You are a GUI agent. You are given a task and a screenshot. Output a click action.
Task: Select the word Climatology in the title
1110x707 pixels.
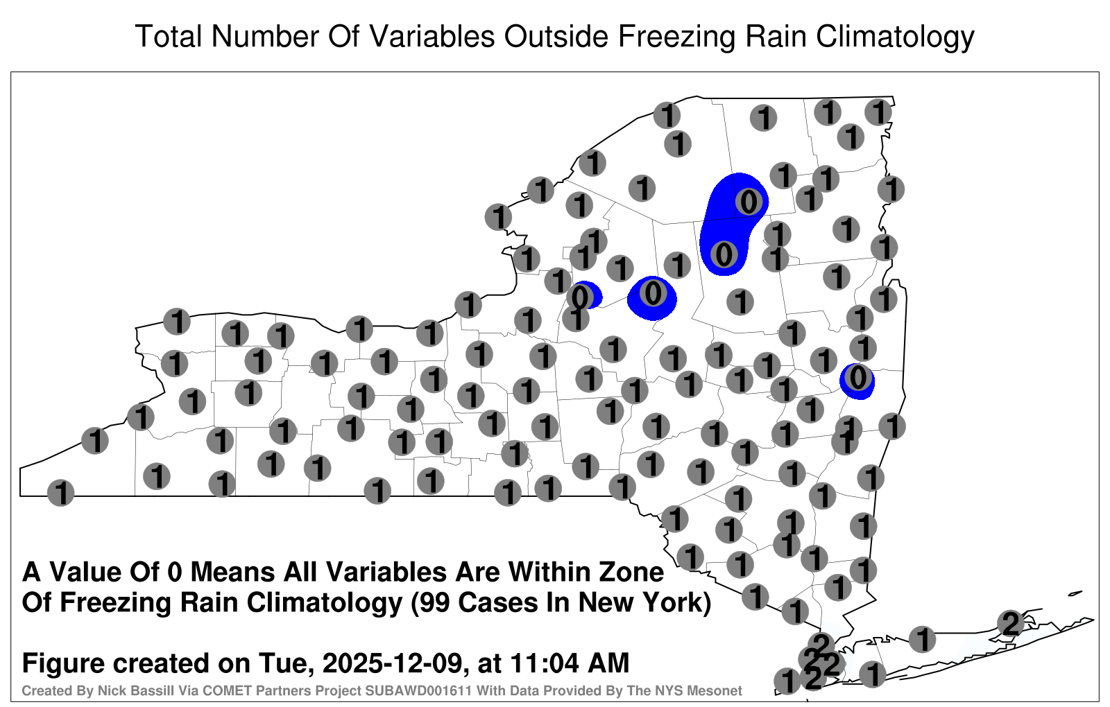895,37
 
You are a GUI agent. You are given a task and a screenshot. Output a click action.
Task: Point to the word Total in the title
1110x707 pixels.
169,36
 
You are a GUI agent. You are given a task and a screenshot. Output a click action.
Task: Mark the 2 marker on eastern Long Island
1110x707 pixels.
1011,623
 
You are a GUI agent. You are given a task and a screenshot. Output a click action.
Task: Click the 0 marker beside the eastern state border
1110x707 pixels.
857,378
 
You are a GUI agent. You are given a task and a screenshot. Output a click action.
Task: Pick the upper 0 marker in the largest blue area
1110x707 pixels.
749,202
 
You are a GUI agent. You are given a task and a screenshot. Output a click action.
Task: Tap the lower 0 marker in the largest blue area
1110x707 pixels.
724,255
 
